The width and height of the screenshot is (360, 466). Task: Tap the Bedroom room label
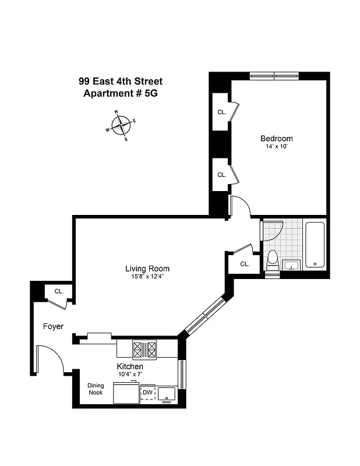click(276, 139)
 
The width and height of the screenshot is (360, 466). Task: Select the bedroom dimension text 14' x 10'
click(276, 147)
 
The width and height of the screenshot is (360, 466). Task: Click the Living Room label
click(147, 269)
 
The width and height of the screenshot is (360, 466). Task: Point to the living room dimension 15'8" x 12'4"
click(147, 277)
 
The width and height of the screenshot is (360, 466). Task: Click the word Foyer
click(53, 326)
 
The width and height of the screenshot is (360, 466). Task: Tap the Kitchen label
click(130, 366)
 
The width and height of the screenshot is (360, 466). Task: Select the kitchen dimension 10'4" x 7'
click(130, 374)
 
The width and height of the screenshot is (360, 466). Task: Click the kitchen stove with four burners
click(144, 349)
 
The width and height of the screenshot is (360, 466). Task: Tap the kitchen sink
click(167, 394)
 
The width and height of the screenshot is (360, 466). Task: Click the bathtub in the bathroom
click(315, 244)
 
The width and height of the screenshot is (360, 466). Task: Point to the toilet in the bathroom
click(272, 260)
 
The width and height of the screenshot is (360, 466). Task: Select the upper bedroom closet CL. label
click(222, 112)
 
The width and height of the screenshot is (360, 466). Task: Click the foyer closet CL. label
click(59, 291)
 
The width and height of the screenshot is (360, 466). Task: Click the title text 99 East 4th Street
click(121, 82)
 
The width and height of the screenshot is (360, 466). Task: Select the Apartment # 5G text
click(121, 93)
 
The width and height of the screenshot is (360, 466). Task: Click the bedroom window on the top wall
click(274, 75)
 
